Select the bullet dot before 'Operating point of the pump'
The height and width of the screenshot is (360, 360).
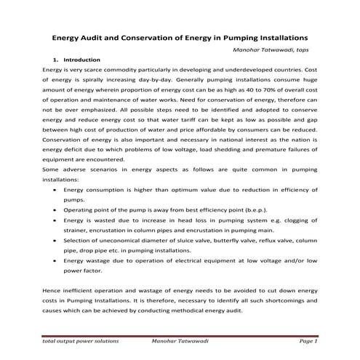pyautogui.click(x=56, y=209)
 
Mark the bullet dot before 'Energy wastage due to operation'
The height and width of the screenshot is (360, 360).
pyautogui.click(x=56, y=260)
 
